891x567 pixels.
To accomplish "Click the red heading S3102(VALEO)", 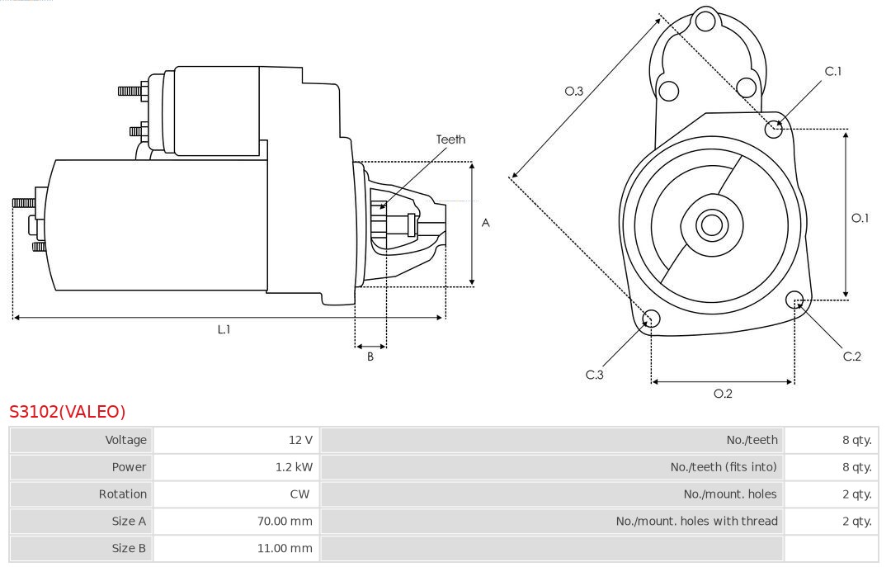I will [x=67, y=412].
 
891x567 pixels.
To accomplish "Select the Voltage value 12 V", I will [x=300, y=440].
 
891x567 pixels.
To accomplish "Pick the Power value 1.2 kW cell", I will [x=294, y=467].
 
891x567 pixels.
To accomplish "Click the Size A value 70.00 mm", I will [x=285, y=521].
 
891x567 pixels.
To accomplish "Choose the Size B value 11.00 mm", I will [x=285, y=548].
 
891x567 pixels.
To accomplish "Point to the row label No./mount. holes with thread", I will [x=696, y=521].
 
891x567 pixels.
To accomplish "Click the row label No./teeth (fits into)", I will [x=724, y=467].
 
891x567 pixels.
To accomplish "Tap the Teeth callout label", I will [x=450, y=139].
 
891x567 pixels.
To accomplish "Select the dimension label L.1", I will [x=224, y=329].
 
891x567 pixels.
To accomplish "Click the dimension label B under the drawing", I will [x=370, y=357].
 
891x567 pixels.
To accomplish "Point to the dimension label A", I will [x=486, y=223].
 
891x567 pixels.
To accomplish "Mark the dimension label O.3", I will [x=574, y=91].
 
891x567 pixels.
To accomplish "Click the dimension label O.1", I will [x=860, y=218].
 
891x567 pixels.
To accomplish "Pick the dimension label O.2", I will [x=723, y=394].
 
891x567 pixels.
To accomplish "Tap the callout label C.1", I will [x=833, y=72].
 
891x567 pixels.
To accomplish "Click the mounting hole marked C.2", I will [x=795, y=299].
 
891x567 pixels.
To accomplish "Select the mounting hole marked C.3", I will [x=651, y=319].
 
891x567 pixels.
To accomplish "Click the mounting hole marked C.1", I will [x=774, y=128].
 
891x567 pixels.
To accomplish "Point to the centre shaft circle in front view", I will [x=710, y=224].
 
